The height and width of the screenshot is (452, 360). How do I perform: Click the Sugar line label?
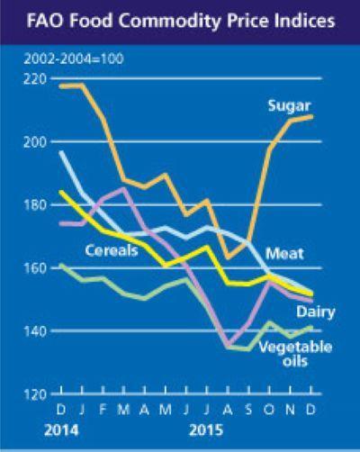pos(288,107)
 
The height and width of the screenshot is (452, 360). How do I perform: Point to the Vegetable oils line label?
pos(298,354)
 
